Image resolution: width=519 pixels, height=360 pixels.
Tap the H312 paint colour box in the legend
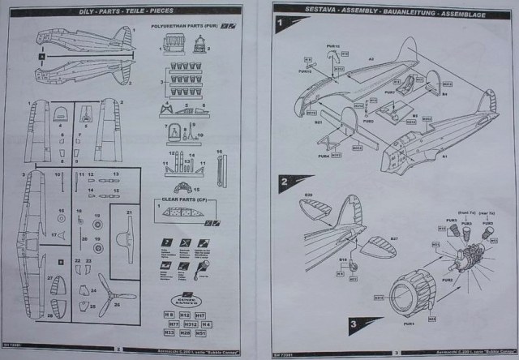tap(186, 324)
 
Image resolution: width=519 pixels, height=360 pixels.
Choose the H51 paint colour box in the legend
tap(200, 332)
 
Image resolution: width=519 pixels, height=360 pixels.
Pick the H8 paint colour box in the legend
tap(169, 315)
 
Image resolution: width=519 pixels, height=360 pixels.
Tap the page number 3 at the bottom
tap(395, 352)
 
